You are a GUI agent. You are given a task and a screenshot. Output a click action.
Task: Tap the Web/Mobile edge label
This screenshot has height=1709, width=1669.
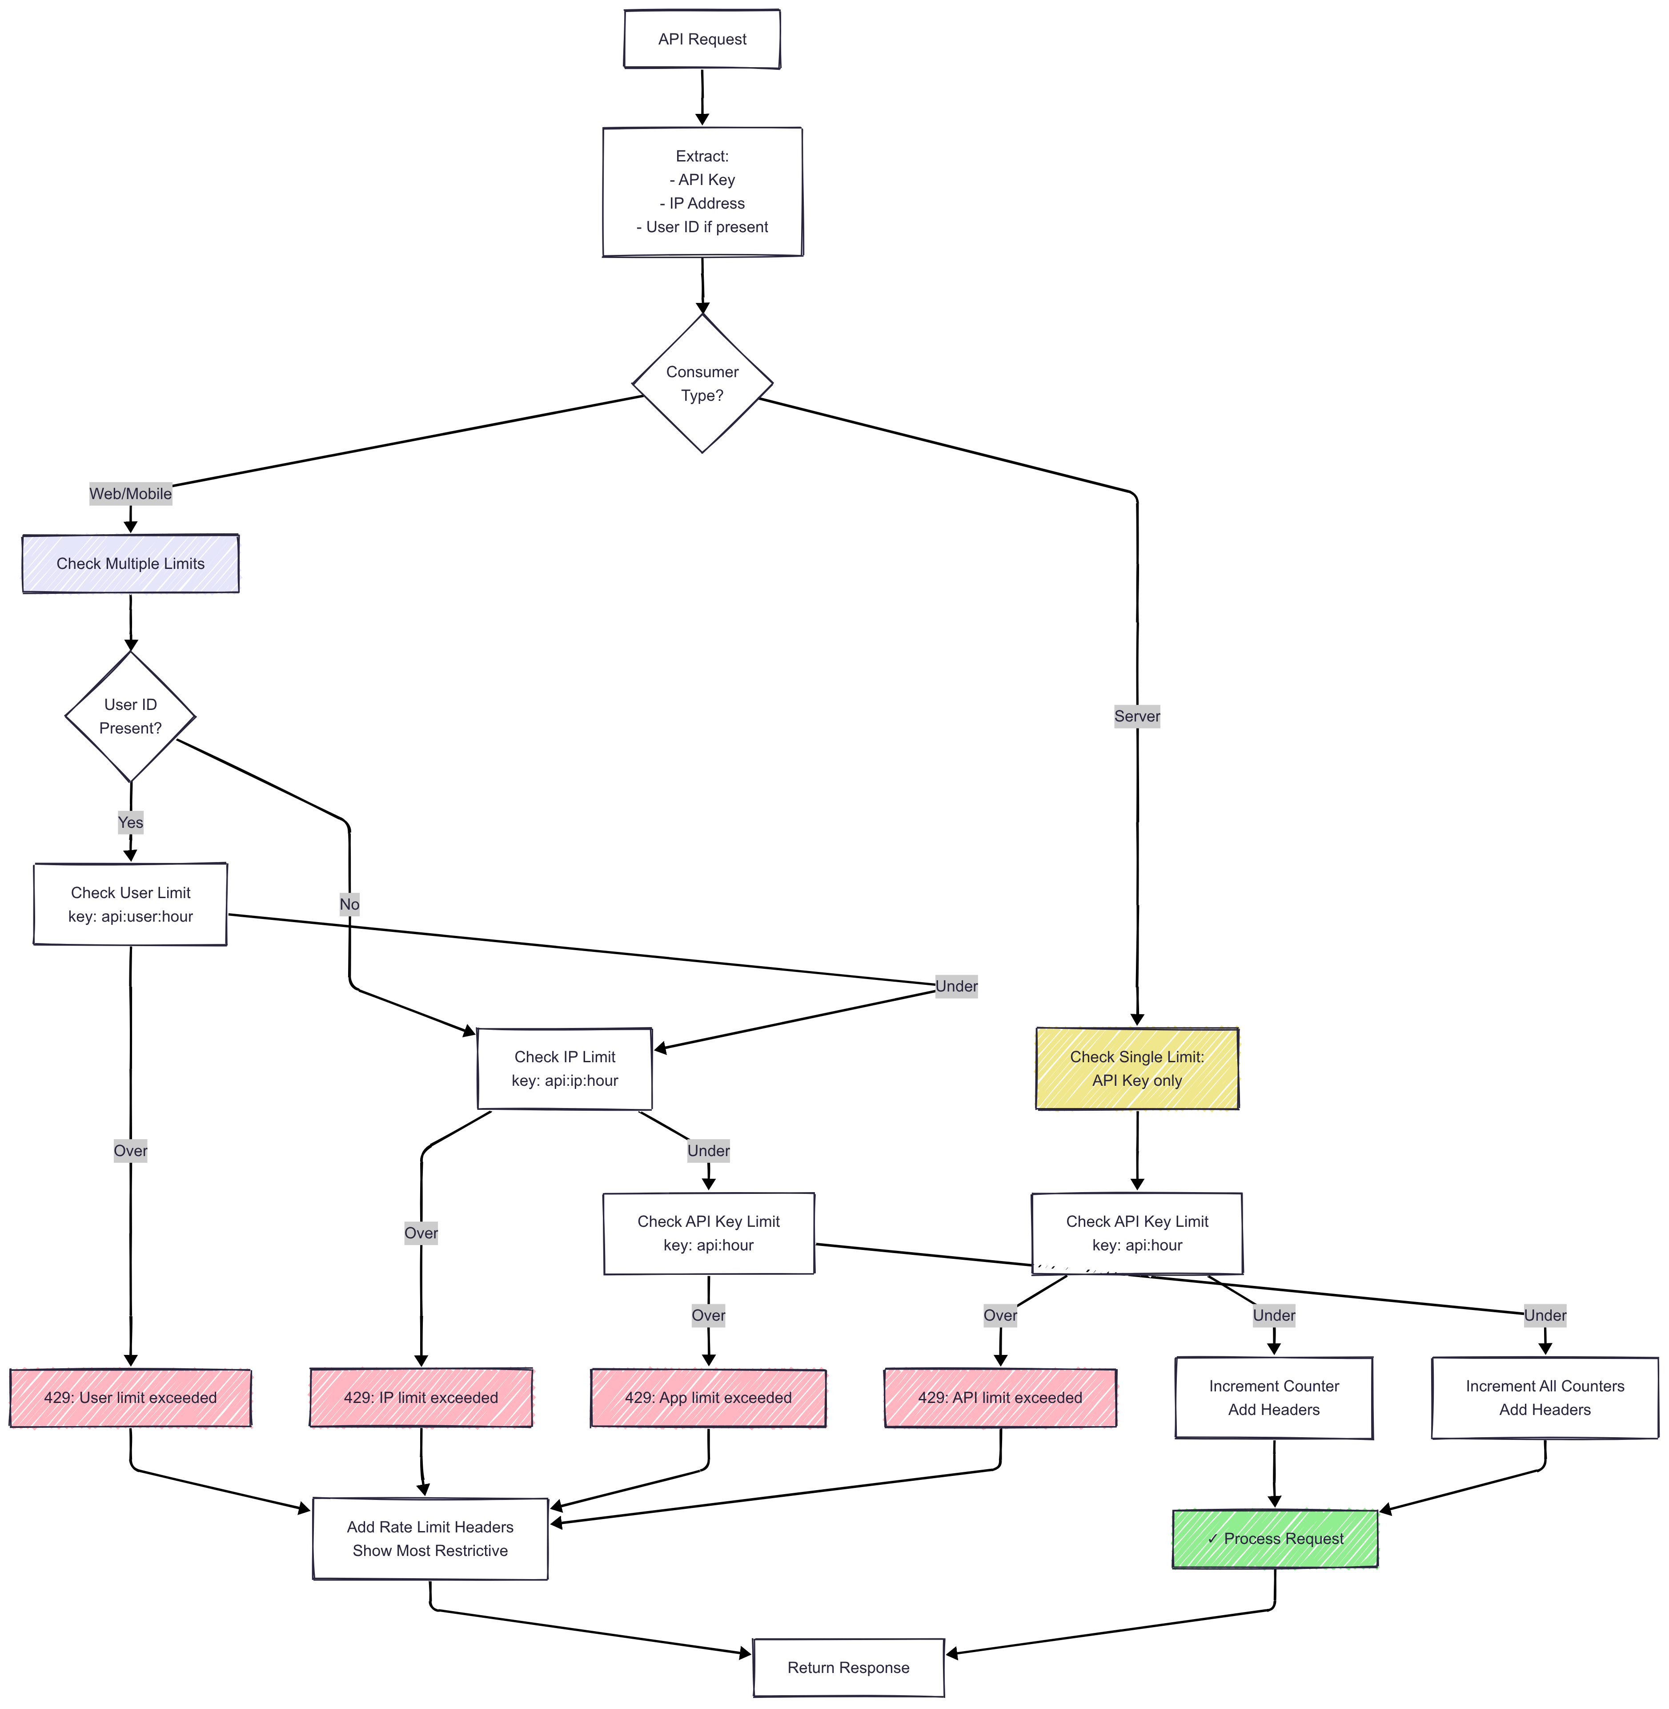tap(131, 494)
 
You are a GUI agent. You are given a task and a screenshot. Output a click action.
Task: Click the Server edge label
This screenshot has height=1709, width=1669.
tap(1137, 717)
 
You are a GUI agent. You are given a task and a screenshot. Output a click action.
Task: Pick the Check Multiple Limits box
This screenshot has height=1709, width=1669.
tap(131, 564)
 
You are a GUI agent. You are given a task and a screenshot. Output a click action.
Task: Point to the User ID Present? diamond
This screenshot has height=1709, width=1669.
tap(131, 717)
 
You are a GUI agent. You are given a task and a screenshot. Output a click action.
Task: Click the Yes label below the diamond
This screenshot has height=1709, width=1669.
tap(131, 822)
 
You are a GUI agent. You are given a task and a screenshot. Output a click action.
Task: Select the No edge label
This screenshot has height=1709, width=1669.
tap(349, 904)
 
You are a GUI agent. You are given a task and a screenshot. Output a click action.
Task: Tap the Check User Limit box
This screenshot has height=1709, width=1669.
tap(131, 904)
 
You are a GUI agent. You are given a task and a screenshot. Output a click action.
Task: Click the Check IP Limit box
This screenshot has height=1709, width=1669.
tap(565, 1069)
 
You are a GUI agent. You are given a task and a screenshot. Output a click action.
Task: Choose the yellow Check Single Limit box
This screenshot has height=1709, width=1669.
tap(1137, 1069)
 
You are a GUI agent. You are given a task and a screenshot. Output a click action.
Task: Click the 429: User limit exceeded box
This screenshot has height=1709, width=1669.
tap(131, 1398)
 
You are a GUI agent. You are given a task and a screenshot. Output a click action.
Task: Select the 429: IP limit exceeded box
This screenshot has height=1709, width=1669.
tap(421, 1398)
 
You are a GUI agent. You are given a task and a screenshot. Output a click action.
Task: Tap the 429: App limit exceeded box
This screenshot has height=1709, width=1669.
tap(708, 1398)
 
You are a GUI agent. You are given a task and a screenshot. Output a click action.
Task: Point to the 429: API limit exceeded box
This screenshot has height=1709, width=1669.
tap(1000, 1398)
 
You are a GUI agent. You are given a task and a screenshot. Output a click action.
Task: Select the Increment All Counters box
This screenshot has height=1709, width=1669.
tap(1545, 1398)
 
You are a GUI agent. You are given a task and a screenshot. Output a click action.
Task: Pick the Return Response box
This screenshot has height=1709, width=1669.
tap(849, 1668)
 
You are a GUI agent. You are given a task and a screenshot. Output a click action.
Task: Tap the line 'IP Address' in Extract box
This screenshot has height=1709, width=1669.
tap(702, 203)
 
